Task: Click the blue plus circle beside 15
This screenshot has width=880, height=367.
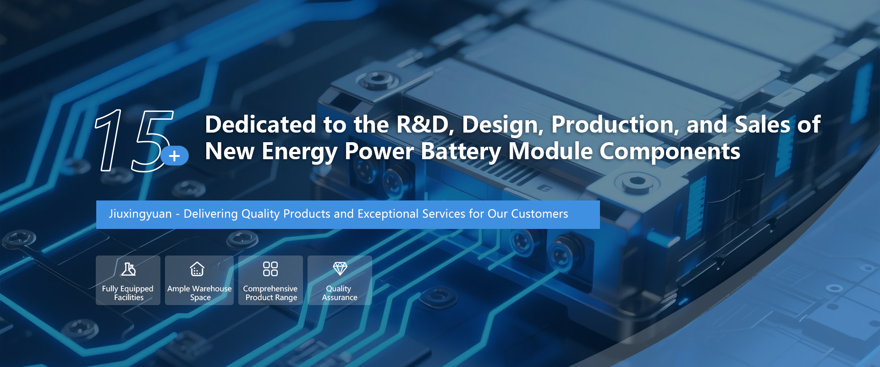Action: pos(175,156)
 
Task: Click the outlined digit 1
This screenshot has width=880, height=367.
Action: pos(109,140)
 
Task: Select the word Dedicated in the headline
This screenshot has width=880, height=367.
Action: pos(261,124)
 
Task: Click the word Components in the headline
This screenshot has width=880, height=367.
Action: pos(670,152)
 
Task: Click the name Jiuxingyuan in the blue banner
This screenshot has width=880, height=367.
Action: pos(140,214)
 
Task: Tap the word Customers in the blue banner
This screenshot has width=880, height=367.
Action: pos(539,214)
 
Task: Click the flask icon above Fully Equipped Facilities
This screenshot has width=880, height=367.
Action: pos(128,269)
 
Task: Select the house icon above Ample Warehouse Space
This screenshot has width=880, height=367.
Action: pos(197,269)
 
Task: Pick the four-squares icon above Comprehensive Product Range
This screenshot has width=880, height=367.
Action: pos(270,269)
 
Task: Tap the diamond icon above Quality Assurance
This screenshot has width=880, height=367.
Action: pos(340,268)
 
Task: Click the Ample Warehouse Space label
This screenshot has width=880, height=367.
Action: pos(199,293)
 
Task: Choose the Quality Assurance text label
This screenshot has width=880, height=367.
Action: pos(340,293)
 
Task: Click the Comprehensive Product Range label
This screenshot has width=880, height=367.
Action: pos(270,293)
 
